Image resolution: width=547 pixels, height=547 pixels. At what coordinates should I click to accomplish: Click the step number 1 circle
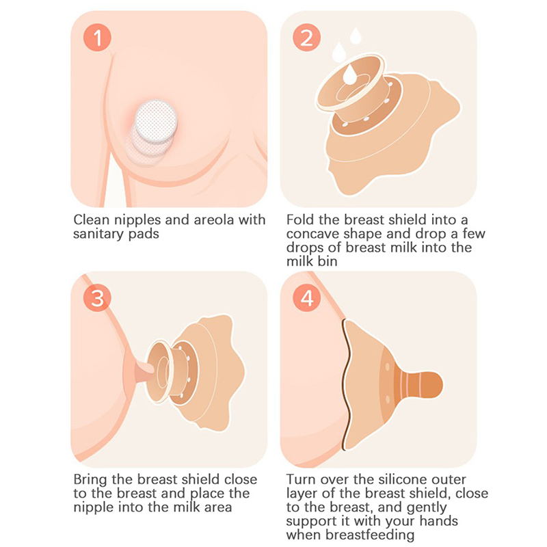(x=97, y=38)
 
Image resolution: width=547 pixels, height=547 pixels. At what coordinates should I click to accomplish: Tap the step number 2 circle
(x=306, y=38)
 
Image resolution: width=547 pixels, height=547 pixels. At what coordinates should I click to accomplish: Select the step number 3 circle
(x=97, y=298)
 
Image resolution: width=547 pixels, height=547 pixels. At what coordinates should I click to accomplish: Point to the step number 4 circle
(x=306, y=298)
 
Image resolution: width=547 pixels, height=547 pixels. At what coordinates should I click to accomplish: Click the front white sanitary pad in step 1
(x=156, y=120)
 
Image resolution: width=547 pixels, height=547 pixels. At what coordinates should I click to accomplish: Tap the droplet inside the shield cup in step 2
(x=349, y=75)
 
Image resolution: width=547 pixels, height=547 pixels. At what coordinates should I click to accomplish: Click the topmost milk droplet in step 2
(x=356, y=36)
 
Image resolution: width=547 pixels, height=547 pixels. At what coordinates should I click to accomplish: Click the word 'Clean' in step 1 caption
(x=92, y=219)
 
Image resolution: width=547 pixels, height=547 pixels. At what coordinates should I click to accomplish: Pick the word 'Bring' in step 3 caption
(x=90, y=479)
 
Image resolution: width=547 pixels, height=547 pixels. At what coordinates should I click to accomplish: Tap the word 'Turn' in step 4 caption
(x=301, y=479)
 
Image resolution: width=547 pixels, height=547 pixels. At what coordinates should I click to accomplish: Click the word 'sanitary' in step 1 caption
(x=98, y=234)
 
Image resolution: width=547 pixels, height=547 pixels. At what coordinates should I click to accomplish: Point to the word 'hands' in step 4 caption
(x=438, y=521)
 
